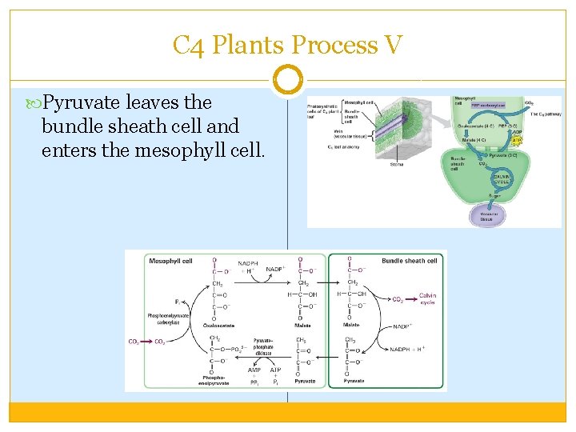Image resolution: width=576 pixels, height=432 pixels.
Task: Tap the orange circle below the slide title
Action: tap(288, 80)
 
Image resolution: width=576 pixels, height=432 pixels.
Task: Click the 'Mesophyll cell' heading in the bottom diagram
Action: tap(170, 261)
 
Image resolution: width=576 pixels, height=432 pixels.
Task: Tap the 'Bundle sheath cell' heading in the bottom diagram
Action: tap(410, 261)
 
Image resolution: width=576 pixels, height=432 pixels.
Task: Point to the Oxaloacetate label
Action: tap(217, 325)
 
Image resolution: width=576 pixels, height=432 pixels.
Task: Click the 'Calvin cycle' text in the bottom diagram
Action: tap(428, 298)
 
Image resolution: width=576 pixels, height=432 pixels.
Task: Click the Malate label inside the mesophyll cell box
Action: tap(303, 325)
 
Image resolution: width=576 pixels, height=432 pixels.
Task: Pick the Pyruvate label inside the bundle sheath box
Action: tap(354, 381)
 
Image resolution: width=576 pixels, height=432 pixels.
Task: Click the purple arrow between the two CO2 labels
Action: tap(146, 342)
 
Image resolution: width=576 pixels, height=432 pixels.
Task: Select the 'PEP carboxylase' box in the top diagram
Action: tap(486, 105)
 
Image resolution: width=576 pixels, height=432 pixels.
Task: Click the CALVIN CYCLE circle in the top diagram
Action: tap(502, 179)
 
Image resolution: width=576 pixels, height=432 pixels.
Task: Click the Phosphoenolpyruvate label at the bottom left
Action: tap(214, 380)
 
